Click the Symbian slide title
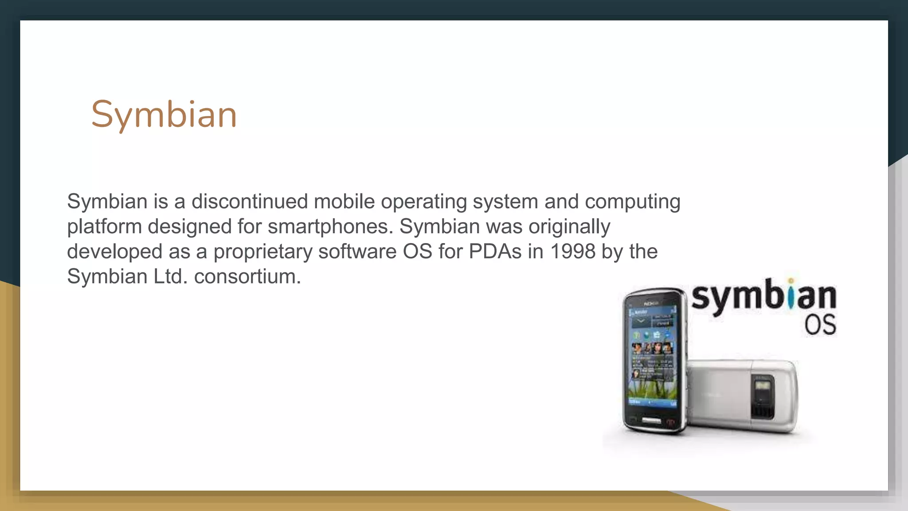(164, 114)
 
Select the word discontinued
(249, 201)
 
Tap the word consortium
(247, 276)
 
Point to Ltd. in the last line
(170, 276)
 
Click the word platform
(104, 227)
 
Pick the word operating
(423, 202)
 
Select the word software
(357, 251)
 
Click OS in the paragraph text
(417, 251)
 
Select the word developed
(114, 252)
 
